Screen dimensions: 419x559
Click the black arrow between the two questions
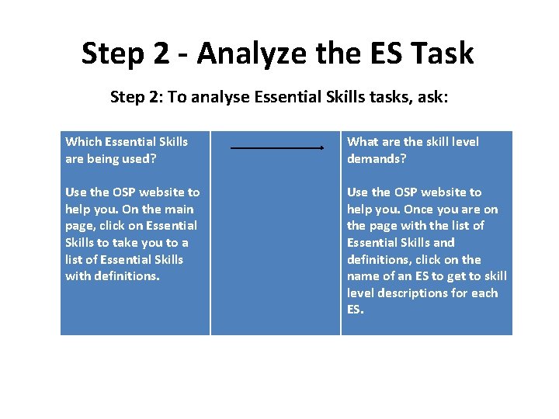click(x=277, y=147)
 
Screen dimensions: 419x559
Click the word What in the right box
click(x=363, y=141)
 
